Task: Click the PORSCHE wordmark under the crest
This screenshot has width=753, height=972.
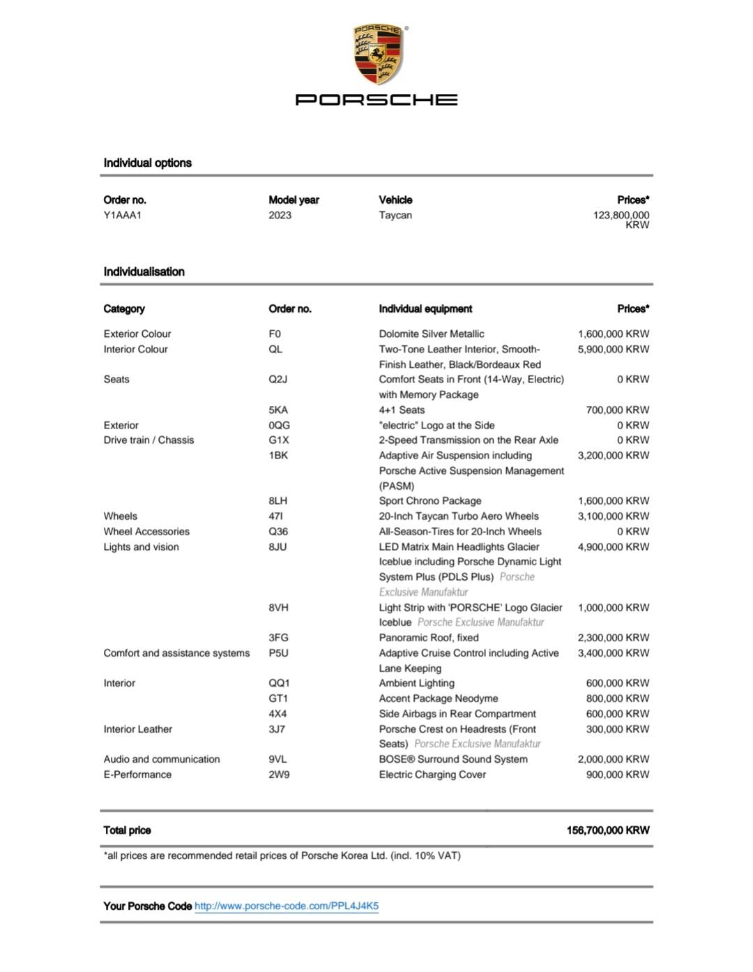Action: (x=376, y=100)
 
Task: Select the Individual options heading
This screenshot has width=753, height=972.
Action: (x=147, y=163)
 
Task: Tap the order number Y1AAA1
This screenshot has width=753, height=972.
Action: (x=123, y=215)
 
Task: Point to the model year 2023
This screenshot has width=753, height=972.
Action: (x=280, y=215)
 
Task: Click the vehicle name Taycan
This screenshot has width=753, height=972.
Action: (x=395, y=215)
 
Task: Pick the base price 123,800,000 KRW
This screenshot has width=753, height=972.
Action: (x=621, y=219)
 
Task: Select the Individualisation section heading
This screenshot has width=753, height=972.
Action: (x=144, y=271)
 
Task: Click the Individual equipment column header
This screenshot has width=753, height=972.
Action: (x=425, y=308)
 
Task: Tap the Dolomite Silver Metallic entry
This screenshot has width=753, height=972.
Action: (x=432, y=334)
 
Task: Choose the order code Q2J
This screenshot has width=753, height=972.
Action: (x=277, y=379)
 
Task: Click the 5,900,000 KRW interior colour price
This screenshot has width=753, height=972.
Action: (x=613, y=349)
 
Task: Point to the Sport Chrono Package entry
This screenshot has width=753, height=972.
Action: (x=430, y=500)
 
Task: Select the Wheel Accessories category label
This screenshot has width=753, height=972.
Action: (x=146, y=531)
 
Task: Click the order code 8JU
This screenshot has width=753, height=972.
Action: (x=277, y=546)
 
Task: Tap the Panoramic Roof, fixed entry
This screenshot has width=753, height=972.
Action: (x=429, y=637)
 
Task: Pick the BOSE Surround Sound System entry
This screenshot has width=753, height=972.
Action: (x=453, y=758)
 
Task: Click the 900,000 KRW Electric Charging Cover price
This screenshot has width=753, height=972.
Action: (x=617, y=774)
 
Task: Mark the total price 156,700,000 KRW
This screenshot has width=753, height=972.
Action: (x=607, y=830)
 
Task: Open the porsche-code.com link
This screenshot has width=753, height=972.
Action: (x=287, y=906)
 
